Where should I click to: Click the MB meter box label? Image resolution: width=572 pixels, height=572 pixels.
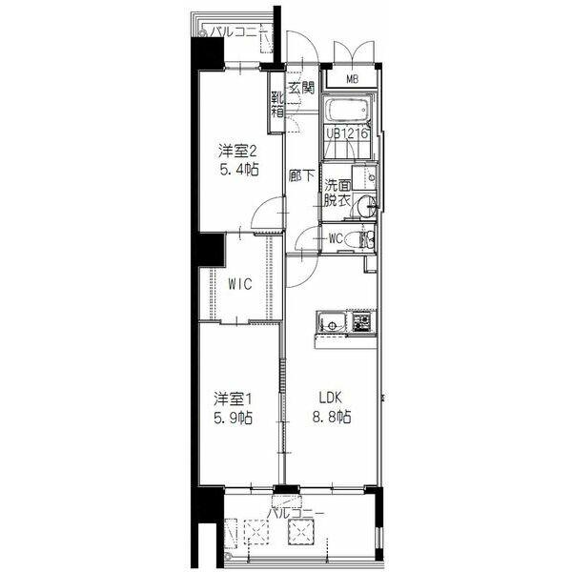pos(352,79)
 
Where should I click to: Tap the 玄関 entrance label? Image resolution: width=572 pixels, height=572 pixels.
pos(301,88)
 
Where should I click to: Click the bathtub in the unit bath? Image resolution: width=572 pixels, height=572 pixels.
pos(348,111)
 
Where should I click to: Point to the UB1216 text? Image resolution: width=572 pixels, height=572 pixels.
pos(347,133)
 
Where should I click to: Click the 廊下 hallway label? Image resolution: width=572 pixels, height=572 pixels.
pos(301,176)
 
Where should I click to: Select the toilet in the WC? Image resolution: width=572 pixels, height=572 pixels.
pos(357,239)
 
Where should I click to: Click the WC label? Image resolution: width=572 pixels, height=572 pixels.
pos(337,239)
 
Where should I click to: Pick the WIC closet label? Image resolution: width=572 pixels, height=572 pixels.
pos(240,284)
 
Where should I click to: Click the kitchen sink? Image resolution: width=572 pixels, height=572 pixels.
pos(332,322)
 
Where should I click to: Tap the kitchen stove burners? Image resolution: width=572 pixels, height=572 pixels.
pos(361,322)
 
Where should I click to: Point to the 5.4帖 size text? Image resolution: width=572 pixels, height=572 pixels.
pos(239,170)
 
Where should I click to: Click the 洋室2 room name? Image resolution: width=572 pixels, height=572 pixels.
pos(238,151)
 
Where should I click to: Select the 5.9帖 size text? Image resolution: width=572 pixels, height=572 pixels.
pos(234,418)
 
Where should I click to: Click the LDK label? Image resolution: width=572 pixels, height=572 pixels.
pos(331,398)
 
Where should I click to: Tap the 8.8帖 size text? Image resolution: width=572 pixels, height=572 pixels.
pos(332,417)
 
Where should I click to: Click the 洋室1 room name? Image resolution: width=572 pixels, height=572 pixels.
pos(234,399)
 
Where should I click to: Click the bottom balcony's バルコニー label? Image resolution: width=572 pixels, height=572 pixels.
pos(296,514)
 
